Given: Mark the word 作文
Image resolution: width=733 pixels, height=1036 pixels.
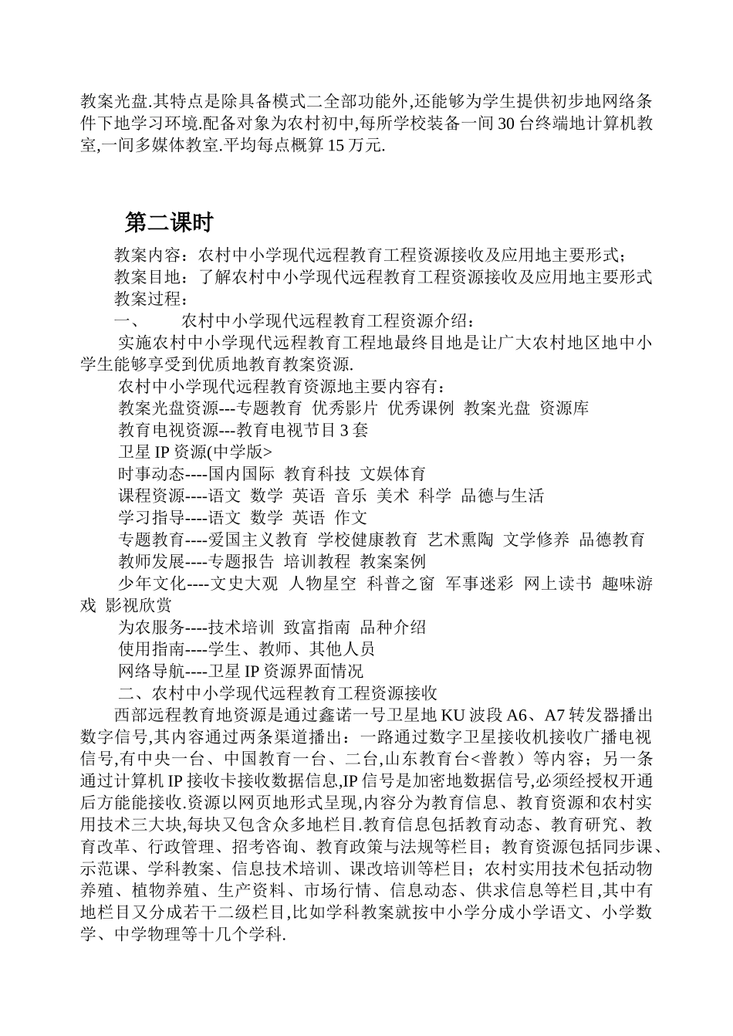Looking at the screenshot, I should (351, 517).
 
